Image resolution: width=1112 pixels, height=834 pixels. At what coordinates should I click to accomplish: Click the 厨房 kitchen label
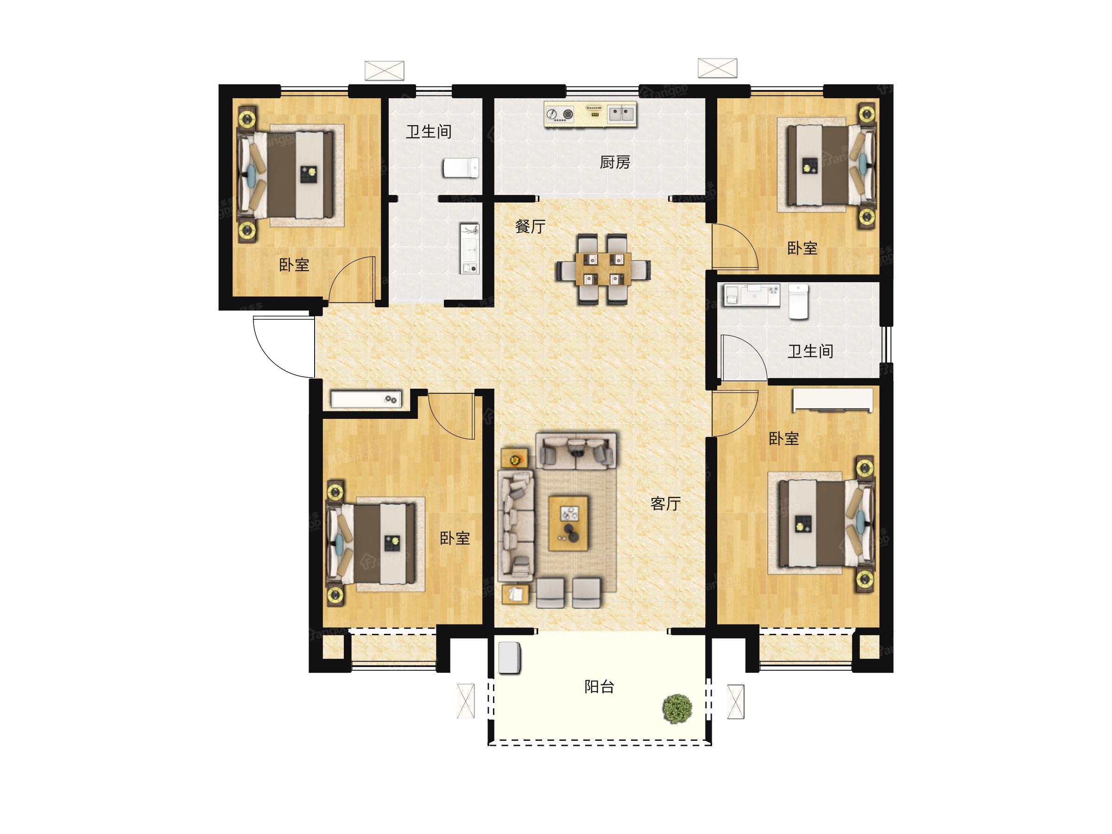(x=615, y=162)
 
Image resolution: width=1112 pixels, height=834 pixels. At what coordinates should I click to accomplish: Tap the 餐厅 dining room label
(x=531, y=227)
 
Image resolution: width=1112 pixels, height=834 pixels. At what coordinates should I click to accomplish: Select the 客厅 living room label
(x=666, y=504)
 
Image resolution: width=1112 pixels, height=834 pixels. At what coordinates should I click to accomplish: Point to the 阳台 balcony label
(x=599, y=687)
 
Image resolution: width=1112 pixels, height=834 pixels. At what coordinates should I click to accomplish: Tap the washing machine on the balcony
(x=509, y=657)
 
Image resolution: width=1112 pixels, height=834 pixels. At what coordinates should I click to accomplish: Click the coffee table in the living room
(x=569, y=523)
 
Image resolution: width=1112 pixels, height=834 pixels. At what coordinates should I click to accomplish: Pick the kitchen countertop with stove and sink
(x=590, y=114)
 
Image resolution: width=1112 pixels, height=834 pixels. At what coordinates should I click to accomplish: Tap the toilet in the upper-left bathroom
(x=461, y=168)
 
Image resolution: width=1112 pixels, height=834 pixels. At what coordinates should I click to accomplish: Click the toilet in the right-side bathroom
(x=798, y=302)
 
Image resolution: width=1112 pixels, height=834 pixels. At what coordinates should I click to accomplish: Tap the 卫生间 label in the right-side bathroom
(x=810, y=351)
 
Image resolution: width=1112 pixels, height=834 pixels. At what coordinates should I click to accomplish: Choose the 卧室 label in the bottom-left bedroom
(x=455, y=538)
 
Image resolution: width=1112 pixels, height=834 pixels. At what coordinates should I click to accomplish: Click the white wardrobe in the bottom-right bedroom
(x=833, y=400)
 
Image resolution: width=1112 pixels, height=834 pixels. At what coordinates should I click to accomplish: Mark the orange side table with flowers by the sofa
(x=514, y=459)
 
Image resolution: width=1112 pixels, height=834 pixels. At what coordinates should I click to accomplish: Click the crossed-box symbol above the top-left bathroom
(x=384, y=70)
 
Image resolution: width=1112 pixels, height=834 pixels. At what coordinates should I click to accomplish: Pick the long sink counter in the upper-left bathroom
(x=469, y=249)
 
